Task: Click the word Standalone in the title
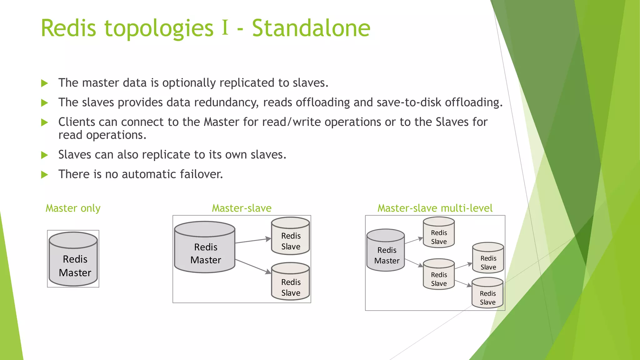[311, 28]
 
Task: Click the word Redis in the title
[68, 28]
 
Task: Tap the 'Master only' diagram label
[73, 208]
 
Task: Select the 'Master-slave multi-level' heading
[435, 208]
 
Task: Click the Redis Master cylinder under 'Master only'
[73, 259]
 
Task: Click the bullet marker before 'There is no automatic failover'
[45, 175]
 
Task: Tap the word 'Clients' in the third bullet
[77, 122]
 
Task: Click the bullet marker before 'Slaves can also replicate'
[45, 155]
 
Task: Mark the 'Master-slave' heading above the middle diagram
[242, 208]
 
